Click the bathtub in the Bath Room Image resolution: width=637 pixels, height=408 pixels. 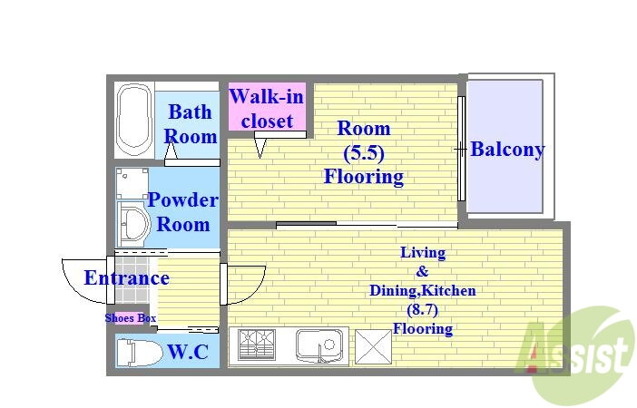[x=134, y=121]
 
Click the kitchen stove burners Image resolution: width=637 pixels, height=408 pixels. [x=257, y=344]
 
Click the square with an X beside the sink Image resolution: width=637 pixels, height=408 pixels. [x=373, y=345]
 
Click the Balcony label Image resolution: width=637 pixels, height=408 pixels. [x=507, y=150]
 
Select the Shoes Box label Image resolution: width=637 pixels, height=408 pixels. [x=131, y=318]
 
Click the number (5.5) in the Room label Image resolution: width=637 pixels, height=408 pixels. [x=364, y=152]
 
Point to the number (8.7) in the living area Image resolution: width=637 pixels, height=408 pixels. [x=423, y=310]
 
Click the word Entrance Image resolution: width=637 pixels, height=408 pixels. [x=127, y=278]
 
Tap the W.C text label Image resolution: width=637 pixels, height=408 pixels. [x=188, y=352]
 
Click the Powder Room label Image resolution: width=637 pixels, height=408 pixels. [x=182, y=212]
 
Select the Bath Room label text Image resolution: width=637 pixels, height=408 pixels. [x=191, y=124]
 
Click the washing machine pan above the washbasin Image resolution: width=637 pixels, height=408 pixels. [x=132, y=183]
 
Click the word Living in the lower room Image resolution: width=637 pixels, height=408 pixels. [x=423, y=253]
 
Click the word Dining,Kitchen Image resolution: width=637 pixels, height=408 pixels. [x=423, y=291]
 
